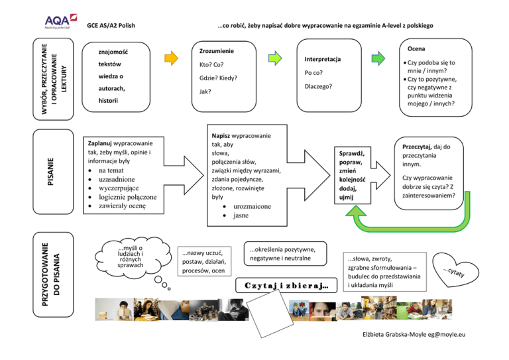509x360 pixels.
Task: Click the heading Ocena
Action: tap(416, 49)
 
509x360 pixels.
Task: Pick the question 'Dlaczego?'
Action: tap(318, 87)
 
